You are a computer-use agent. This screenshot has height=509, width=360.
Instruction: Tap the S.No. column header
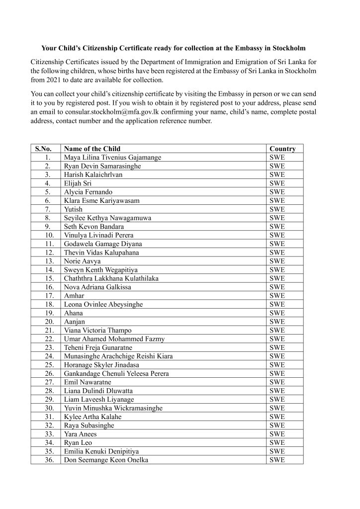45,149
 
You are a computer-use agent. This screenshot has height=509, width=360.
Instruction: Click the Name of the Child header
92,149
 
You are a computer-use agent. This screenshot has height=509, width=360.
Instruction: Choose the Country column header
282,149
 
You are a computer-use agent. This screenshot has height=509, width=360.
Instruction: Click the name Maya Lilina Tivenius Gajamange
112,158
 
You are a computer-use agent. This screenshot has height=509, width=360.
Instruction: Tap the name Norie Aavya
82,261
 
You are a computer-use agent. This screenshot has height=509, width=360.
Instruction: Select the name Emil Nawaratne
88,382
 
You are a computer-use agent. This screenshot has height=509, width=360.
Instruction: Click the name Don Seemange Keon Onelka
106,460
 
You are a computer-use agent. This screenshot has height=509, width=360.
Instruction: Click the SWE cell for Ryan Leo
277,442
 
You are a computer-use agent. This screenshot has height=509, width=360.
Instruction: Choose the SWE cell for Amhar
277,296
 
